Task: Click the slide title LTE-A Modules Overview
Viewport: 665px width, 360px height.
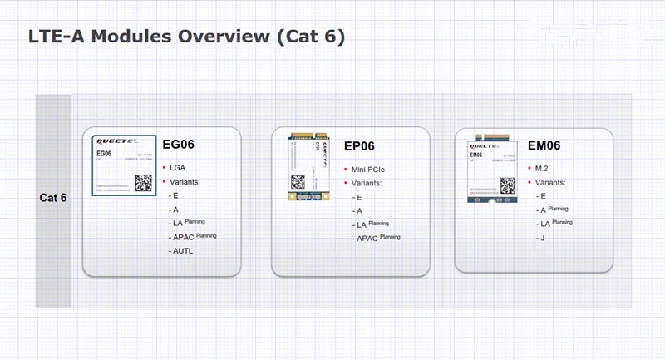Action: [x=186, y=37]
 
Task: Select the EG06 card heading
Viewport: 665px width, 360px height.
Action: [x=178, y=144]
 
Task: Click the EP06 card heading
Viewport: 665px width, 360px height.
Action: [x=359, y=147]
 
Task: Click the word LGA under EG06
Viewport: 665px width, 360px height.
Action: [x=177, y=167]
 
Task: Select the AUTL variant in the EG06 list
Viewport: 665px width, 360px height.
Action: [x=183, y=250]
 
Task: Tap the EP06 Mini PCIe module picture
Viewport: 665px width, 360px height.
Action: [x=309, y=168]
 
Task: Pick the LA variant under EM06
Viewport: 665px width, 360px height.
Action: [x=545, y=224]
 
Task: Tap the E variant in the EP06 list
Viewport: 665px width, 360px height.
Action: [x=359, y=197]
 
